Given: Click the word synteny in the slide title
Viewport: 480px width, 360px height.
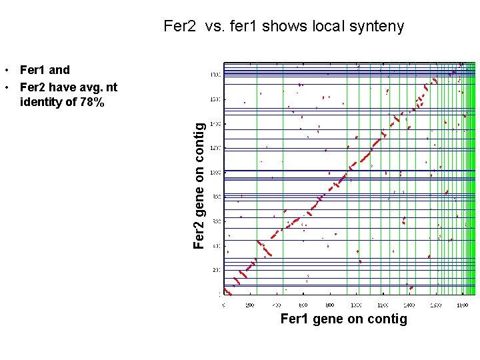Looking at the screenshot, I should [377, 27].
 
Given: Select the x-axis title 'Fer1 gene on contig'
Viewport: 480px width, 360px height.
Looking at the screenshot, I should [343, 319].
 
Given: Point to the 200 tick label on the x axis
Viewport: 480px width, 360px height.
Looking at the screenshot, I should [250, 305].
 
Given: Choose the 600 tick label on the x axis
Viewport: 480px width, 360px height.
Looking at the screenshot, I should [303, 305].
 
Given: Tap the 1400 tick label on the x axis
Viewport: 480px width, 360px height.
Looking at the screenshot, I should [409, 305].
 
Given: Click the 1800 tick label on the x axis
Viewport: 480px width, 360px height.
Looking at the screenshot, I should [461, 305].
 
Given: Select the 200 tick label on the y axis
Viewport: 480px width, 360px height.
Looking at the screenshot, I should [216, 270].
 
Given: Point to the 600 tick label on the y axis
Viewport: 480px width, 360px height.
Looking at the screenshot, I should [216, 221].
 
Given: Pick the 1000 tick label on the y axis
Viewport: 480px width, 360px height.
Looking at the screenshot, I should [215, 172].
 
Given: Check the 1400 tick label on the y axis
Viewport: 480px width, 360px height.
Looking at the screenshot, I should [215, 123].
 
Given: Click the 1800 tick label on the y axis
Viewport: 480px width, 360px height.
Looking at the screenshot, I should [215, 75].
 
